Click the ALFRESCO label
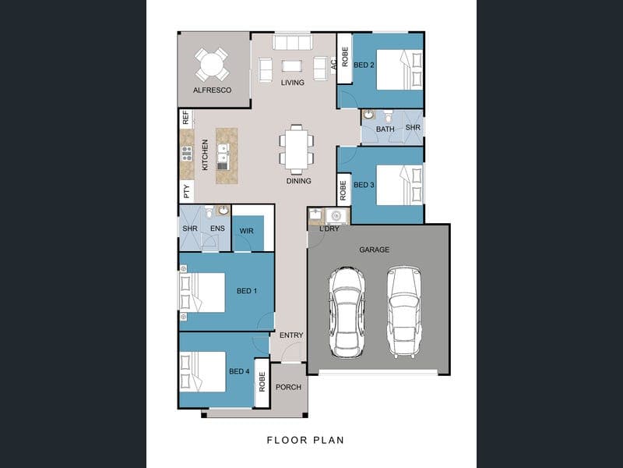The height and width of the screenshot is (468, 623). [212, 90]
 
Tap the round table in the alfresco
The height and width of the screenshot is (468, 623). [212, 64]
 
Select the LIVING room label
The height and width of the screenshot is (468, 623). [293, 83]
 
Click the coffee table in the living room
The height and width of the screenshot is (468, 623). [292, 66]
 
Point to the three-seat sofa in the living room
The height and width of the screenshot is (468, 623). [292, 42]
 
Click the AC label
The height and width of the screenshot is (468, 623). [333, 64]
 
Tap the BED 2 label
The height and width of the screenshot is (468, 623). [364, 65]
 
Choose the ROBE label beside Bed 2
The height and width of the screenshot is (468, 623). [344, 57]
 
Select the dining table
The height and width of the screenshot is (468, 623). [297, 149]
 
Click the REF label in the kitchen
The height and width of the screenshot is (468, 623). [186, 118]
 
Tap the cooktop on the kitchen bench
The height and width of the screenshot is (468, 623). [187, 153]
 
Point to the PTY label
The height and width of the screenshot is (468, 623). [186, 192]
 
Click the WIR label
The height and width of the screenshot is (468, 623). [246, 231]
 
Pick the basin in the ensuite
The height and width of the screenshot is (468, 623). [224, 210]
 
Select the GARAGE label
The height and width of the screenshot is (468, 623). [375, 250]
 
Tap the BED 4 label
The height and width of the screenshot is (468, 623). [239, 371]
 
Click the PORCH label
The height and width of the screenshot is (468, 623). [288, 387]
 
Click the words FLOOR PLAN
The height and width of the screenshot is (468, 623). [305, 440]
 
